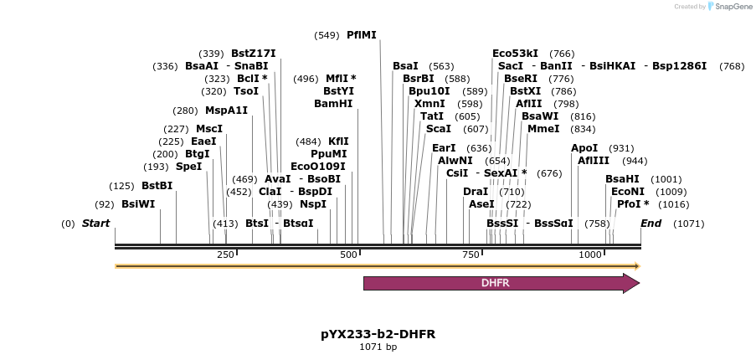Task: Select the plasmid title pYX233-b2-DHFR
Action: pos(378,334)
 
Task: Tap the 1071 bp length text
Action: pos(378,347)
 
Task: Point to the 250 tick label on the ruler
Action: pos(225,255)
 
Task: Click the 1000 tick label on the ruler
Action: pos(590,255)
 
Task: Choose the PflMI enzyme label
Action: pos(362,35)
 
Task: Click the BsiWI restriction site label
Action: pos(137,203)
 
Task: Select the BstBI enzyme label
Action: pos(157,185)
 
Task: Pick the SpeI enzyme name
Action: pos(188,167)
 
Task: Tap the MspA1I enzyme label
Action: pos(226,111)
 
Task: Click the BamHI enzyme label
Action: pos(333,104)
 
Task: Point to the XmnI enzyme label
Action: pos(429,104)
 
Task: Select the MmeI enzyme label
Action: pos(543,129)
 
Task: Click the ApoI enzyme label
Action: pos(584,148)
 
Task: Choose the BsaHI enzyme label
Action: pos(622,179)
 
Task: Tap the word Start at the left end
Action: pos(95,224)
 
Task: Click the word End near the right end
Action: pos(651,224)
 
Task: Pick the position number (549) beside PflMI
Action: pos(327,35)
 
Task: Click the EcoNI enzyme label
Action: pos(627,192)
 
